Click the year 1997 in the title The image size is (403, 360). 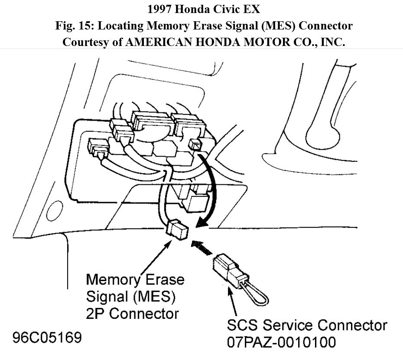160,9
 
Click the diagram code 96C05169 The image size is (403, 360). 47,337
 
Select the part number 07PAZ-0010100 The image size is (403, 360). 282,342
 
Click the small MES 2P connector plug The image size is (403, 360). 178,229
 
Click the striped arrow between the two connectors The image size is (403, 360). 203,248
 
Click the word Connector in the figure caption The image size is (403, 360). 325,26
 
